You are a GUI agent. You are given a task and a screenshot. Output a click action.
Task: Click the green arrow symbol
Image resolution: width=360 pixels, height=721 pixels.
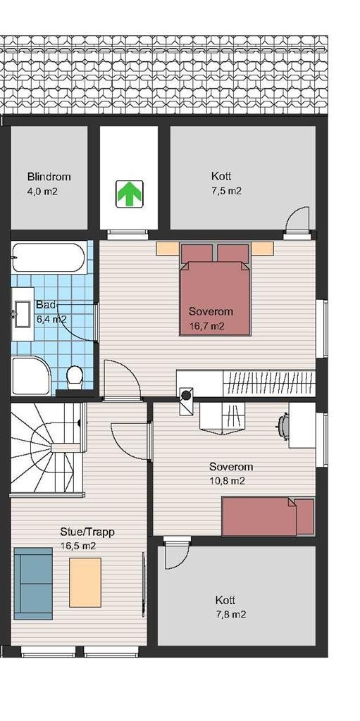pos(129,193)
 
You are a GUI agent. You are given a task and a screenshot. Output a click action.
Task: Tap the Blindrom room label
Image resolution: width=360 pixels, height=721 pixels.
pos(49,177)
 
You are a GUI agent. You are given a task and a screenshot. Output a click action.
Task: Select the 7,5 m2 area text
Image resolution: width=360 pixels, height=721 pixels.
pos(226,191)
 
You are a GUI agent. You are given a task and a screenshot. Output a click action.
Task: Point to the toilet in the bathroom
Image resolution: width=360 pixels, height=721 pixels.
pos(73,377)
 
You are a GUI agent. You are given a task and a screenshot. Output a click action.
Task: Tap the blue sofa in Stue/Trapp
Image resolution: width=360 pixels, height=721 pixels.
pos(33,582)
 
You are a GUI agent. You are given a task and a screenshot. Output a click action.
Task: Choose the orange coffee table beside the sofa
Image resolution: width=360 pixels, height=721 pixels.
pos(85,582)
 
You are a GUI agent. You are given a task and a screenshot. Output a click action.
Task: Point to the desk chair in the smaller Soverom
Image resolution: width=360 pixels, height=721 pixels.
pos(284,426)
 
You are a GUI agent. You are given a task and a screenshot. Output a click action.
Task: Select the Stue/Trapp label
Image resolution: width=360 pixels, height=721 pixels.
pos(87,532)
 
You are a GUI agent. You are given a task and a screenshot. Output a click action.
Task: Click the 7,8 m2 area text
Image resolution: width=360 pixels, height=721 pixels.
pos(230,615)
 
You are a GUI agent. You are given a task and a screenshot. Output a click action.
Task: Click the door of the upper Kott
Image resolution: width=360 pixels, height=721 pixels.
pos(297,219)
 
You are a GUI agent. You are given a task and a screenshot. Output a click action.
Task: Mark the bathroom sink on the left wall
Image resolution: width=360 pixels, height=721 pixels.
pos(18,315)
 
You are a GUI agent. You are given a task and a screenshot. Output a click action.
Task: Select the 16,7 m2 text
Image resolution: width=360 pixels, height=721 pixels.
pos(207,326)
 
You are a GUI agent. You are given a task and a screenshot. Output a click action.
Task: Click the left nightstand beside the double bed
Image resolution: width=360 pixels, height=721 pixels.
pos(167,248)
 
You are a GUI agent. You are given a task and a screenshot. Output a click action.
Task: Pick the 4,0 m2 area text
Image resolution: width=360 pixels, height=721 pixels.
pos(43,191)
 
